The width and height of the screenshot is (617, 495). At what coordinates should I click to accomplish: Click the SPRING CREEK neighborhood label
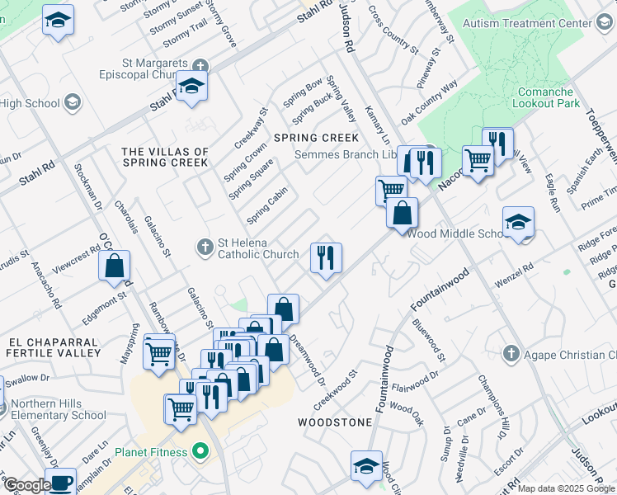pyautogui.click(x=316, y=138)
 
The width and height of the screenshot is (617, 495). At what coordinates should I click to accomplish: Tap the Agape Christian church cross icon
pyautogui.click(x=511, y=355)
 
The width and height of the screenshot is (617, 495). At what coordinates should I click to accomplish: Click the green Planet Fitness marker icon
pyautogui.click(x=199, y=452)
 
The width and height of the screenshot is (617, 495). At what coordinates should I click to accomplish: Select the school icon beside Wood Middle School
pyautogui.click(x=519, y=222)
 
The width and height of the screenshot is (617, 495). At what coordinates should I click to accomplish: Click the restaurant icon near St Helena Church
pyautogui.click(x=327, y=258)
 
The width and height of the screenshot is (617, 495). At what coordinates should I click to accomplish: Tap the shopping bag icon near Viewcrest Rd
pyautogui.click(x=115, y=266)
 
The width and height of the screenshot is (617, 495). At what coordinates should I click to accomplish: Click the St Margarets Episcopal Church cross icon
pyautogui.click(x=200, y=64)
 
